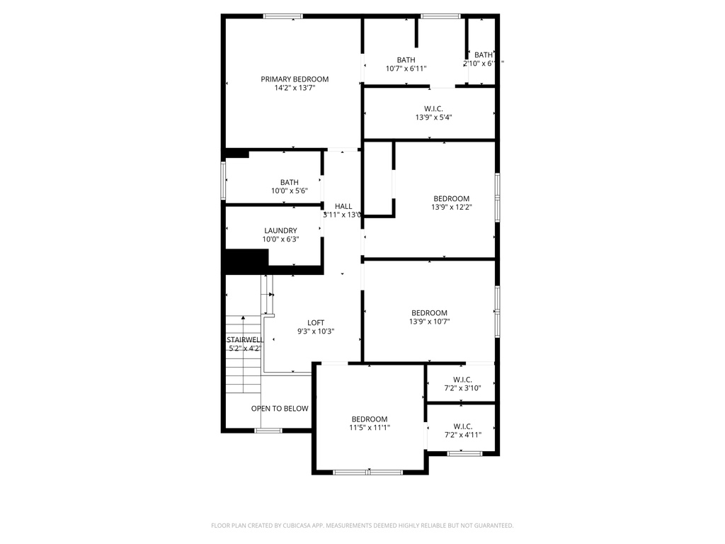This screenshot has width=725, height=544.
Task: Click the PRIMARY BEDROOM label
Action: click(295, 79)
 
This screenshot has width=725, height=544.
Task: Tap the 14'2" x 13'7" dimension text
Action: click(295, 89)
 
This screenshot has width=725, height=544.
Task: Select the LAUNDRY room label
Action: click(280, 230)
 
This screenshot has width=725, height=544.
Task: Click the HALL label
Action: click(343, 206)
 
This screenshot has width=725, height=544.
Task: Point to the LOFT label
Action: click(316, 322)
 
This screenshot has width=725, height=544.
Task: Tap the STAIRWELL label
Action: click(244, 339)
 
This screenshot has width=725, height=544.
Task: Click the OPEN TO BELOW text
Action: click(280, 409)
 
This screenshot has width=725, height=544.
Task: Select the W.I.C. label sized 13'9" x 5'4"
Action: click(433, 108)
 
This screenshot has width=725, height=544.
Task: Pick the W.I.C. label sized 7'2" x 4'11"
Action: click(462, 426)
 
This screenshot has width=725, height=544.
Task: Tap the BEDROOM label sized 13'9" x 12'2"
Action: click(451, 198)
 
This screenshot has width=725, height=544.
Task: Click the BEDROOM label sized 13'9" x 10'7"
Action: click(429, 313)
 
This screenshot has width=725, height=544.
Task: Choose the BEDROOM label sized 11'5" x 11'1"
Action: click(370, 419)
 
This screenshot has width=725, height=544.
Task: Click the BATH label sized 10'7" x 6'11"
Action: click(406, 60)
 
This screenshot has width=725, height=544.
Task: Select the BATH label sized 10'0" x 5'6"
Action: click(289, 182)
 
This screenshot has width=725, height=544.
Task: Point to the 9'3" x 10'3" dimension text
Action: click(316, 331)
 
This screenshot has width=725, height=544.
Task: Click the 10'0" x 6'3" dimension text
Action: click(280, 239)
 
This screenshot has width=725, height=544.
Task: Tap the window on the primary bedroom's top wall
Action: click(283, 16)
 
